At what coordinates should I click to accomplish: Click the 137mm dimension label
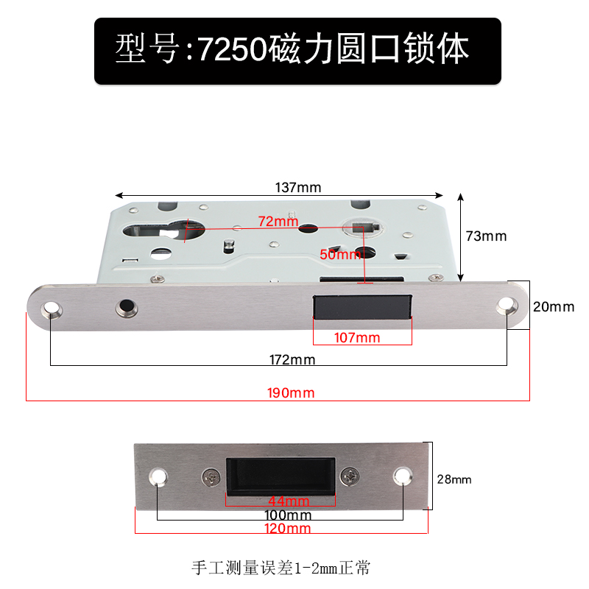tap(297, 187)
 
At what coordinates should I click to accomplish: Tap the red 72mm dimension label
tap(278, 221)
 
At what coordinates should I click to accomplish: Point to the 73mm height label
tap(487, 236)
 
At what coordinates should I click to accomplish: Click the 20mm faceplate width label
tap(553, 307)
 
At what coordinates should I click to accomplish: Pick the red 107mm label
tap(357, 338)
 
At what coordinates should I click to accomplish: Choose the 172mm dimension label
tap(292, 360)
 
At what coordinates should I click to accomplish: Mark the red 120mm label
tap(287, 528)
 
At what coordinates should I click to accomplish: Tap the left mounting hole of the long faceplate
tap(52, 308)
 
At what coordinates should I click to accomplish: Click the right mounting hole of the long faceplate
tap(507, 306)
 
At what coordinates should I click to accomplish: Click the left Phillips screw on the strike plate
tap(213, 477)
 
